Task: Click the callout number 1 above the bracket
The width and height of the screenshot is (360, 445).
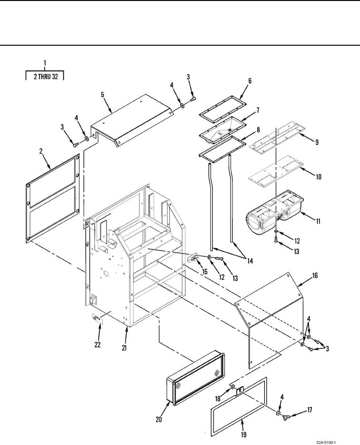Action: pos(45,63)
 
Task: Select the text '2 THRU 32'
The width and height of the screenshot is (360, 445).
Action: pos(45,77)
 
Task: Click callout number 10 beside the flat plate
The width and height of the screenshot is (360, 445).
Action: pos(318,177)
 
